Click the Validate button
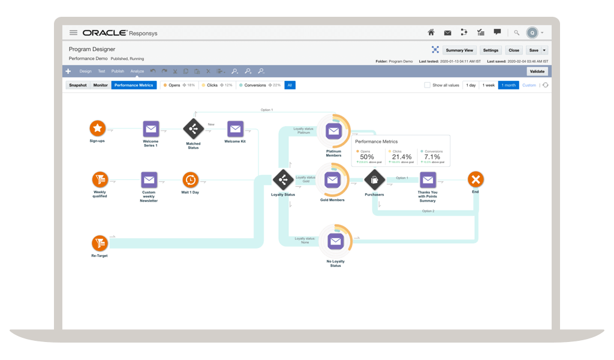tap(537, 71)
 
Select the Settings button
tap(490, 50)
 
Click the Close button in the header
tap(513, 50)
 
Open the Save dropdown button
tap(537, 50)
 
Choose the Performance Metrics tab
tap(134, 85)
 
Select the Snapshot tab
tap(77, 85)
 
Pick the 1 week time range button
tap(489, 85)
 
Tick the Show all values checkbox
tap(427, 85)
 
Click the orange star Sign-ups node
tap(97, 128)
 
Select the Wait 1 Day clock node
tap(190, 179)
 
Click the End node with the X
tap(475, 179)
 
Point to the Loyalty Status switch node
tap(282, 179)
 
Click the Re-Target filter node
tap(99, 243)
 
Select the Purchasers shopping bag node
tap(374, 179)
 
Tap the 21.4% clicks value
tap(401, 157)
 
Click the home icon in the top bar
tap(431, 32)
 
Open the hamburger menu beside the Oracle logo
tap(73, 32)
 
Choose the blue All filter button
tap(290, 85)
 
